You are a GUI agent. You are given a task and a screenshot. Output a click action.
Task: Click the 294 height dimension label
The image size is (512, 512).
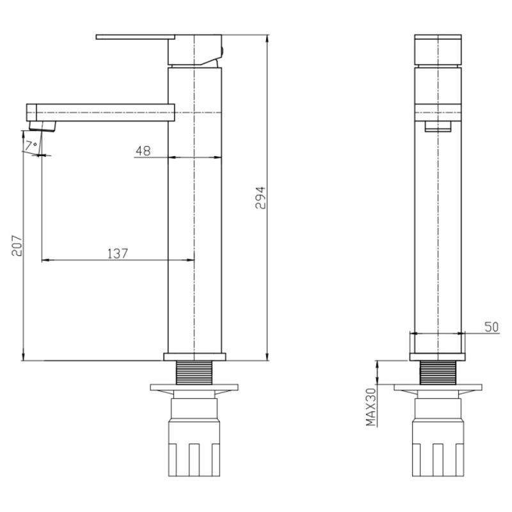tap(260, 198)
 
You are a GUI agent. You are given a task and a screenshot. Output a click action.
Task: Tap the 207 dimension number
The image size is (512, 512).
tap(17, 246)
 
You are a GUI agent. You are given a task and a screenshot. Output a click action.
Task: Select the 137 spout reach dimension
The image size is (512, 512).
tap(118, 253)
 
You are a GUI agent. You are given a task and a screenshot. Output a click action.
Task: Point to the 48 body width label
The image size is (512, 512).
tap(143, 150)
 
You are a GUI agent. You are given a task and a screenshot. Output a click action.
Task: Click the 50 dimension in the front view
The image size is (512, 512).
tap(492, 327)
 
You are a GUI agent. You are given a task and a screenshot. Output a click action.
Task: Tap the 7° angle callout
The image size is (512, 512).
tap(31, 145)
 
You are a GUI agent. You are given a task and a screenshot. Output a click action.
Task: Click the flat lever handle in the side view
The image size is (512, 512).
tap(136, 37)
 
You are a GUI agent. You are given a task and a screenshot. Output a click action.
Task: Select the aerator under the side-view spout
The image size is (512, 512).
tap(42, 126)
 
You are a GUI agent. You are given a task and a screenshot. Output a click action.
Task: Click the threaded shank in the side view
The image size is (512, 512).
tap(195, 372)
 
